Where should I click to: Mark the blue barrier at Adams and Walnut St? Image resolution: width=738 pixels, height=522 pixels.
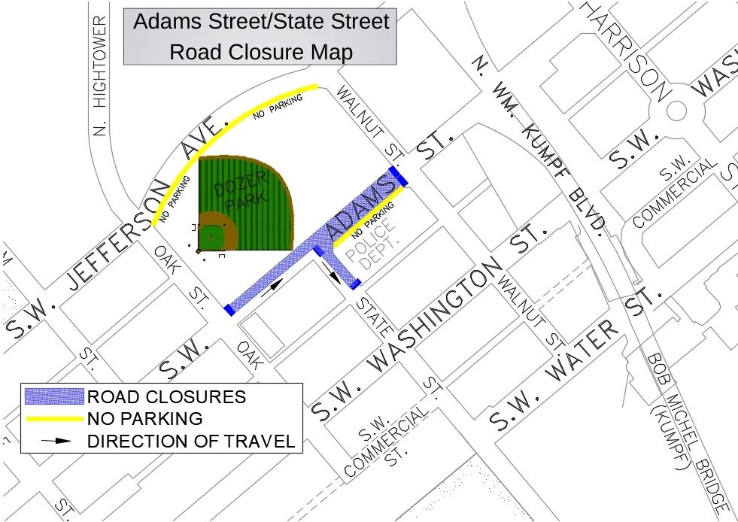tap(398, 176)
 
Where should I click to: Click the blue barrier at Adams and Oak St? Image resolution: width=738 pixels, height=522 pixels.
tap(228, 309)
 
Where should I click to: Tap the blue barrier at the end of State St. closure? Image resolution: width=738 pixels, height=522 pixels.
tap(356, 284)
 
